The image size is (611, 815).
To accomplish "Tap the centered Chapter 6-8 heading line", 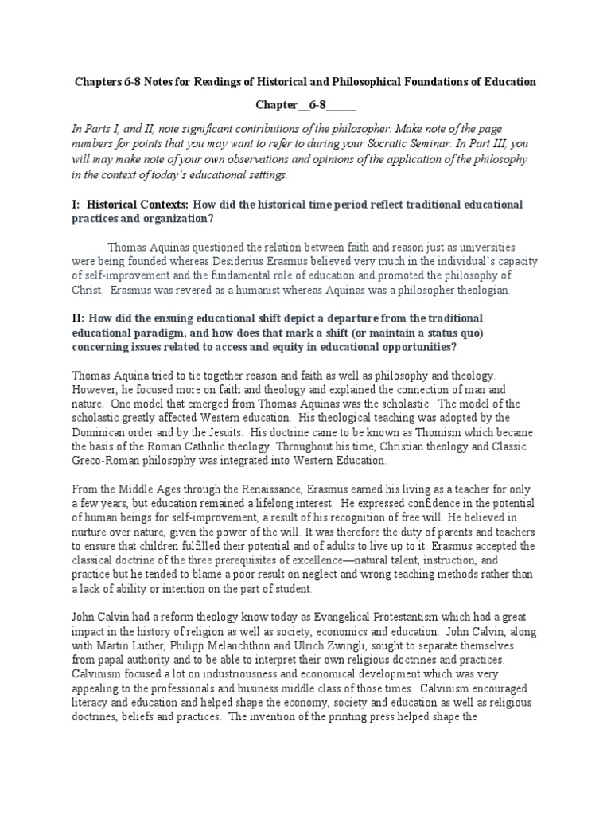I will [305, 105].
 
